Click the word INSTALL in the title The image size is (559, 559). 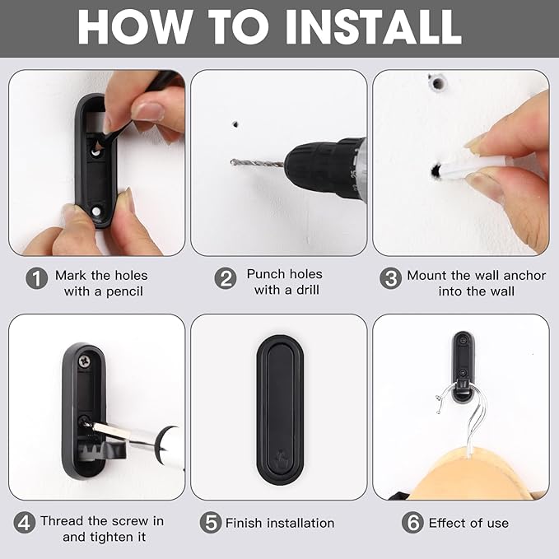373,27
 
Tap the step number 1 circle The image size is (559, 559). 37,278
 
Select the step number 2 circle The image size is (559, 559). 226,278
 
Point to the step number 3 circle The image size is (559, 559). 391,278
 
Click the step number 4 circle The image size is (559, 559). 25,523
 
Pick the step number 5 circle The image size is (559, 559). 211,523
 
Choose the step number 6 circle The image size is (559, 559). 412,523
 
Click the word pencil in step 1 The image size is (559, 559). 125,292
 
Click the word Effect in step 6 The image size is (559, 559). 446,523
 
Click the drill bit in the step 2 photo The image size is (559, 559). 258,164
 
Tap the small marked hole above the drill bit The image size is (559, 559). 235,124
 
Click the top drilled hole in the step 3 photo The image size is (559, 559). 437,84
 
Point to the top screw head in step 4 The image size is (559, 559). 84,361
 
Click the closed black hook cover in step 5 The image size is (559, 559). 280,409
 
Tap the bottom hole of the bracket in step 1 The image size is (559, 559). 96,212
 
